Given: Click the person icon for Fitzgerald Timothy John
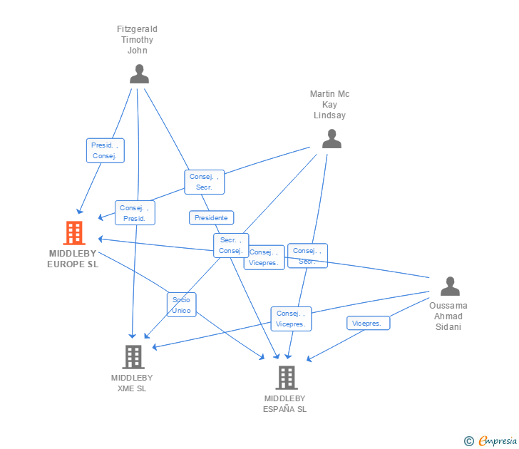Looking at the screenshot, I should point(139,74).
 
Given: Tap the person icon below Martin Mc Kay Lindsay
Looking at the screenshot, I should point(332,139).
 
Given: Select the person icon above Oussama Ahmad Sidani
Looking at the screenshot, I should point(450,287).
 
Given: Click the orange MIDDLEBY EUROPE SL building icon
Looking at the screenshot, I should point(74,233).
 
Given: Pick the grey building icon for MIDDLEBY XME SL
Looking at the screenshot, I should point(133,356).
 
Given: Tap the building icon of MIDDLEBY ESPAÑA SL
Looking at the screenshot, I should point(286,377).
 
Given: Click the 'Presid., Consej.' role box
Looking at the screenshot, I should point(105,150).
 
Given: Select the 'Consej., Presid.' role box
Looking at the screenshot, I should point(135,213).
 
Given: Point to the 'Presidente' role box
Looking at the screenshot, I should point(211,217).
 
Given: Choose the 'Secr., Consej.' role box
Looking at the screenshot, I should point(231,245).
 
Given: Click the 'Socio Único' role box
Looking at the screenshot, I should point(181,305).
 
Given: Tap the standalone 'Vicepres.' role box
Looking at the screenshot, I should point(368,323).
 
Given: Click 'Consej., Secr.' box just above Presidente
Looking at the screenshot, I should point(205,182).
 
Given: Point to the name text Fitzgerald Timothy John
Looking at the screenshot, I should point(137,40).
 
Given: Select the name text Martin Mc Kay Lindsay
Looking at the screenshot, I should point(330,105).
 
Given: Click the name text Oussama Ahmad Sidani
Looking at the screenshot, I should point(448,316).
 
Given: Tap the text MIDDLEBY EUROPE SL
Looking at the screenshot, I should point(73,259).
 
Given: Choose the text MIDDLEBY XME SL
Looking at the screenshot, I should point(132,383).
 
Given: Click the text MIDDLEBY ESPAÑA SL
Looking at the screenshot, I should point(284,403).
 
